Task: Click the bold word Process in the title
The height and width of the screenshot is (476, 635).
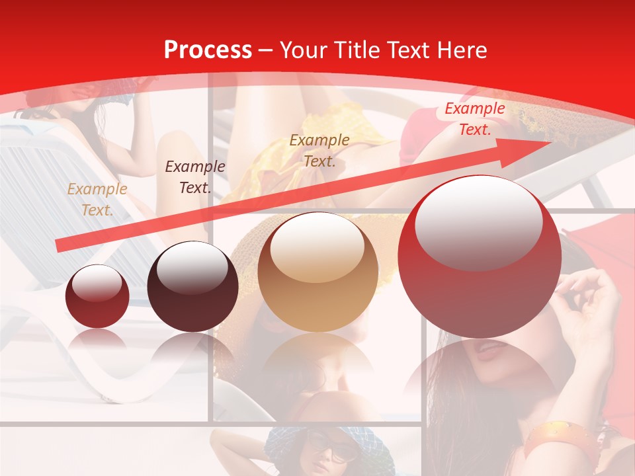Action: point(208,50)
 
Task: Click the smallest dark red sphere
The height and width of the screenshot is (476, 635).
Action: point(97,296)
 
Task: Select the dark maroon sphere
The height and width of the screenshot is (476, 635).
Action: point(192,287)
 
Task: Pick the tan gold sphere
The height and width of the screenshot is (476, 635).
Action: point(318,272)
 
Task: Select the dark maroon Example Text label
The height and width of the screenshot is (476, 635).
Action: point(194,177)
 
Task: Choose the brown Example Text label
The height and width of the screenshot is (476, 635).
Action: point(319,150)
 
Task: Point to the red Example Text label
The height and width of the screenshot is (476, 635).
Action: point(474,119)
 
